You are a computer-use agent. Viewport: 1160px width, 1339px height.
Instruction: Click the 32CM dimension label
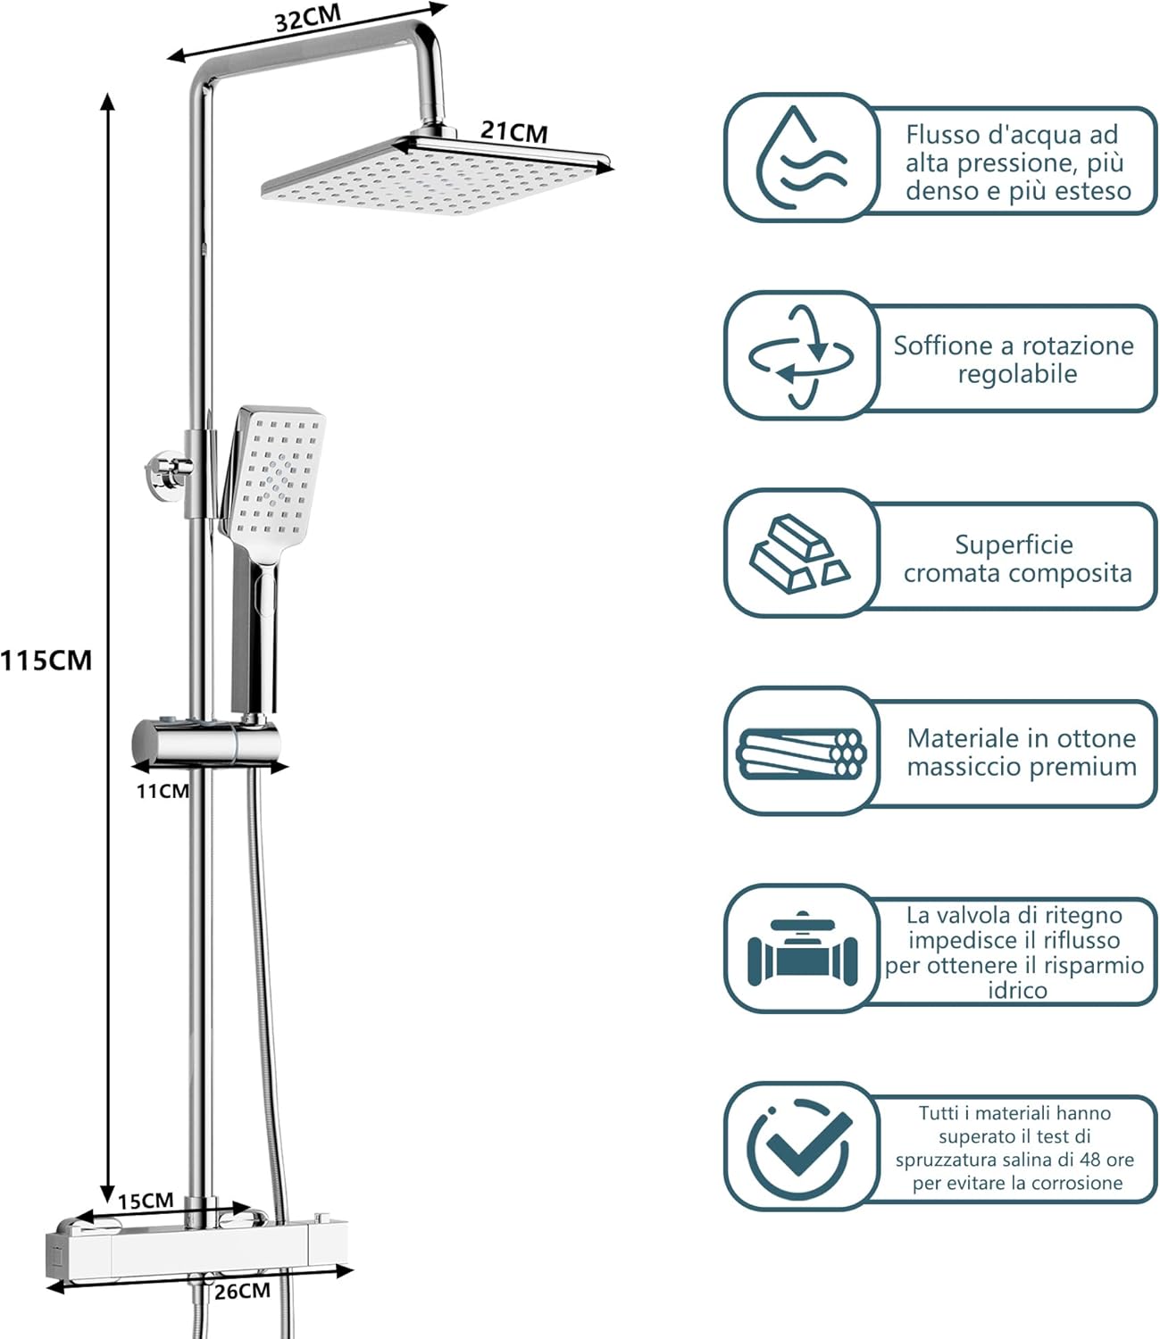(308, 18)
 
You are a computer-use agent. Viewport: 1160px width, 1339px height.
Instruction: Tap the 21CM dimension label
(513, 131)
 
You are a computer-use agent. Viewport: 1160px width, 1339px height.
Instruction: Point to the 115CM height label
(46, 661)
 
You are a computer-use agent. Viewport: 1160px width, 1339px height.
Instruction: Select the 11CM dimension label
(163, 791)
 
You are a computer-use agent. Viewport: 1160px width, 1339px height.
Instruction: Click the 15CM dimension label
(146, 1201)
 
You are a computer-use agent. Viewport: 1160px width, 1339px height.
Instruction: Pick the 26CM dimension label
(242, 1291)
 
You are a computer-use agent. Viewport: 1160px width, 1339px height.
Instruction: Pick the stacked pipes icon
(802, 753)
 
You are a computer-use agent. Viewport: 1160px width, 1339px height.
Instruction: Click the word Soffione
(944, 345)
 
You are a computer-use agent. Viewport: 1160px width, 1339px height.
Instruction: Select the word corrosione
(1077, 1182)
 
